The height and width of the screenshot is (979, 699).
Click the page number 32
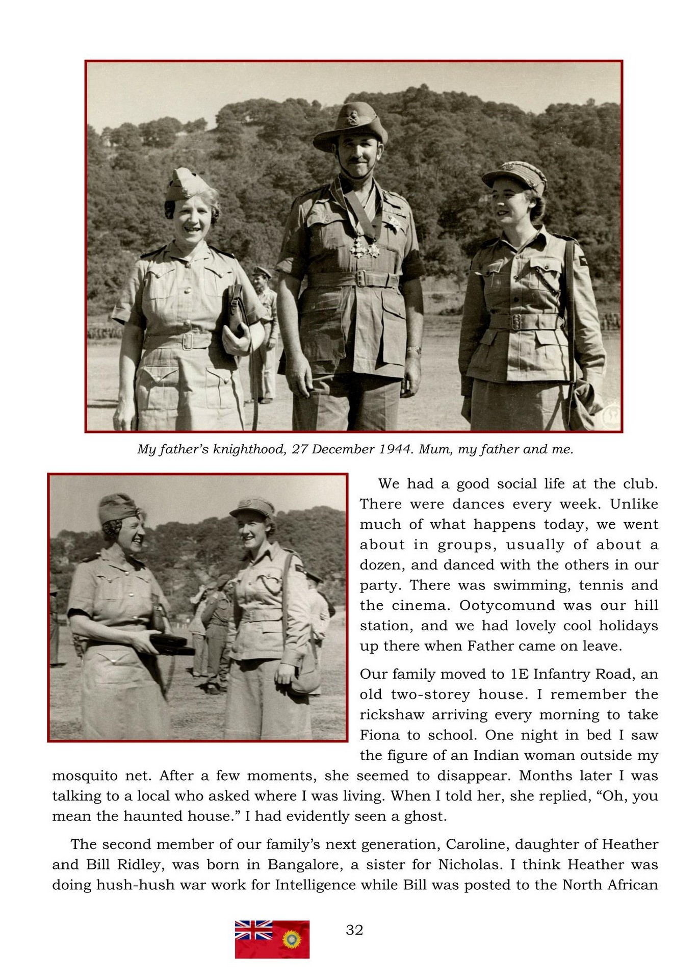(x=354, y=930)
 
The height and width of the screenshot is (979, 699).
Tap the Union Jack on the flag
(x=253, y=930)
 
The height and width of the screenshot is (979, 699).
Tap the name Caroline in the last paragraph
(x=477, y=844)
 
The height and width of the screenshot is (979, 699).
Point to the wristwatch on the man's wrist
(x=414, y=350)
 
